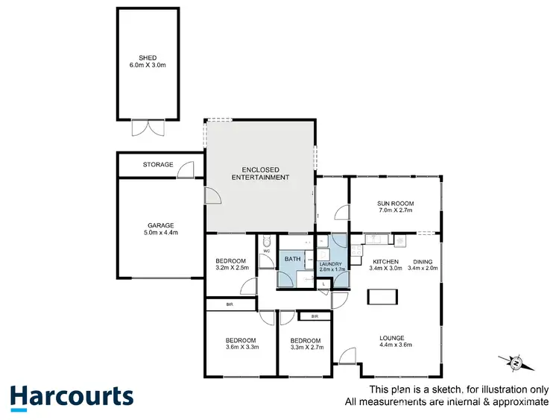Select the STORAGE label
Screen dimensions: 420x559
pyautogui.click(x=157, y=165)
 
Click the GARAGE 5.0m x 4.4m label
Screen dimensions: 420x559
pyautogui.click(x=160, y=229)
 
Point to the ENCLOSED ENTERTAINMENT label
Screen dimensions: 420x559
pyautogui.click(x=260, y=173)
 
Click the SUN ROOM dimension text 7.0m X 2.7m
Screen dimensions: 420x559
pyautogui.click(x=396, y=211)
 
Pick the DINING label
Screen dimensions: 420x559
pyautogui.click(x=423, y=261)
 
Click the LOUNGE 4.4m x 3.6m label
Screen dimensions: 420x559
pyautogui.click(x=395, y=340)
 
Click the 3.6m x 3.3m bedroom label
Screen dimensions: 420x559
pyautogui.click(x=241, y=344)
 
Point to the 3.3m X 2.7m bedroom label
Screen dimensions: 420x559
pyautogui.click(x=305, y=344)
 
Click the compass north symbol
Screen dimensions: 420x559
pyautogui.click(x=516, y=363)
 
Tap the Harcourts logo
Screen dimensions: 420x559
pyautogui.click(x=72, y=396)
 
